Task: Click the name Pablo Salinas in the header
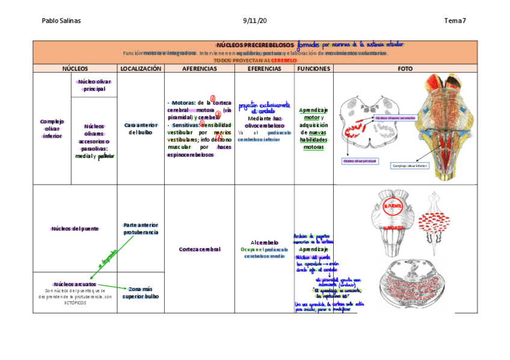(x=61, y=21)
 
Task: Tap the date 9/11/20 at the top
(x=254, y=21)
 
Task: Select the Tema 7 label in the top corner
(x=455, y=21)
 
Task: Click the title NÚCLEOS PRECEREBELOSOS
(x=255, y=45)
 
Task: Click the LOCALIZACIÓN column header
(x=141, y=69)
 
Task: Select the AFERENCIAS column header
(x=199, y=69)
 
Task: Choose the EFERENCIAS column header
(x=264, y=69)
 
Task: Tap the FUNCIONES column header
(x=313, y=69)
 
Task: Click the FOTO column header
(x=405, y=69)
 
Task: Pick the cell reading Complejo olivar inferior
(x=52, y=129)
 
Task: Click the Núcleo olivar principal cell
(x=94, y=85)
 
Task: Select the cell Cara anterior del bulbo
(x=141, y=129)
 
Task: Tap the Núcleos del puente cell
(x=75, y=228)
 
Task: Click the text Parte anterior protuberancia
(x=141, y=228)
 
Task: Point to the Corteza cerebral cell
(x=199, y=249)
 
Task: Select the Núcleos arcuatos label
(x=75, y=284)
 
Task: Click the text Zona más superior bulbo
(x=141, y=292)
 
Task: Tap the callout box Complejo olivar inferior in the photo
(x=410, y=166)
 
